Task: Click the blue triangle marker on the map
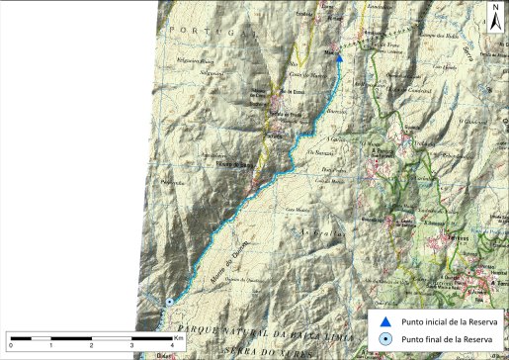click(339, 58)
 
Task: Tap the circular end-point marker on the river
click(169, 302)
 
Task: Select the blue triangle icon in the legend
click(385, 321)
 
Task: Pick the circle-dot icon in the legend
click(385, 340)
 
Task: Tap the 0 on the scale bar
click(10, 344)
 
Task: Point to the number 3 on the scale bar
click(132, 344)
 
